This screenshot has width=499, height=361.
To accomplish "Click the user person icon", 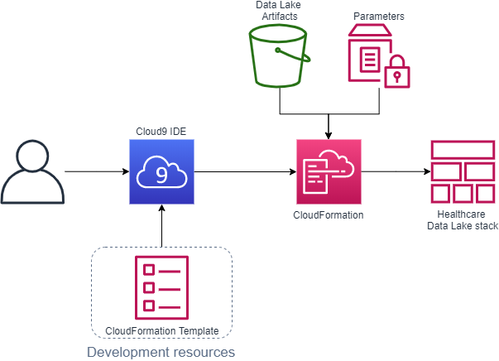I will [x=32, y=172].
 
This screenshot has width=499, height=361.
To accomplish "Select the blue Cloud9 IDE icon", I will [x=161, y=171].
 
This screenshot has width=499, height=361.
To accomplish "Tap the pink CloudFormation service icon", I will [x=329, y=171].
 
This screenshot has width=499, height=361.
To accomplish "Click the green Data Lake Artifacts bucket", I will [x=280, y=56].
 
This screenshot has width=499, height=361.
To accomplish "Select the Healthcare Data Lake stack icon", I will [x=463, y=171].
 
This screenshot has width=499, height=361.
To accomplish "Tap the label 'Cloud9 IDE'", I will [x=161, y=132].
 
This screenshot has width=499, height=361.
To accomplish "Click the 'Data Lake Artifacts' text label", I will [x=280, y=11].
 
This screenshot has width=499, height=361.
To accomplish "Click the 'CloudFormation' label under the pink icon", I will [x=329, y=214].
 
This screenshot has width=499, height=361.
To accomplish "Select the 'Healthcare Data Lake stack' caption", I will [x=463, y=220].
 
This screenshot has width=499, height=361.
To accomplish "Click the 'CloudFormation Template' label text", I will [x=162, y=331].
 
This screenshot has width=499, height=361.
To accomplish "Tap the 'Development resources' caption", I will [x=161, y=352].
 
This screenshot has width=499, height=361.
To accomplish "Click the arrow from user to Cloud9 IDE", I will [x=95, y=172].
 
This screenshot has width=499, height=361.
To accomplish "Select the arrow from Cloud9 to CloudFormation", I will [x=244, y=172].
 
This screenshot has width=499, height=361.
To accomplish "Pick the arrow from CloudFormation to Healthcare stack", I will [x=396, y=172].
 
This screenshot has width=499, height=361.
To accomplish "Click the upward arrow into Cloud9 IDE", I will [x=161, y=227].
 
